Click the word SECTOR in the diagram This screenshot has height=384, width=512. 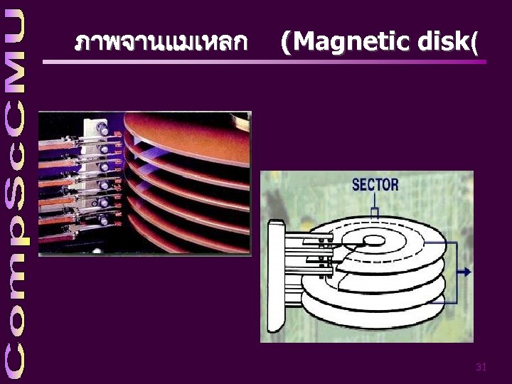point(375,185)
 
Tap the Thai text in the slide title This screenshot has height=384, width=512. point(161,43)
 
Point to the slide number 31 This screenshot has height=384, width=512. point(481,367)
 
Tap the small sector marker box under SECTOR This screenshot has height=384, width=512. point(375,212)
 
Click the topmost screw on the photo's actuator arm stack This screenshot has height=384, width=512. point(104,130)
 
